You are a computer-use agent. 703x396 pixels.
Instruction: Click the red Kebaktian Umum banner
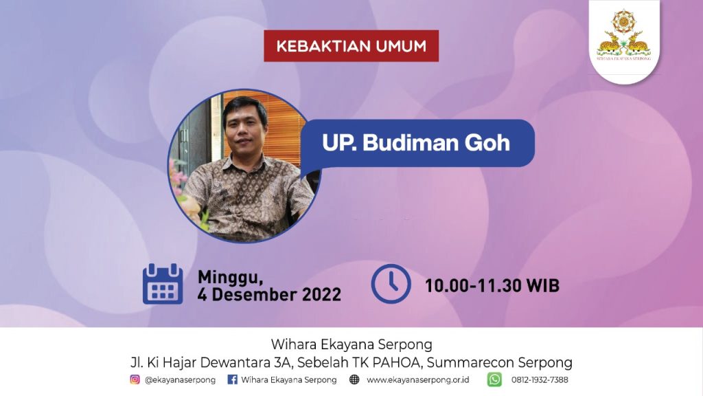click(x=351, y=46)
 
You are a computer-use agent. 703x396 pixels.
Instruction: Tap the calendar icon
click(x=163, y=284)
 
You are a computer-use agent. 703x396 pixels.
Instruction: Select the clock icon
click(x=391, y=284)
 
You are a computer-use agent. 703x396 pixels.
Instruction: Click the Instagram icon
click(x=135, y=379)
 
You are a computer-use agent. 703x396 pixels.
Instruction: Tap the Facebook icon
click(x=232, y=379)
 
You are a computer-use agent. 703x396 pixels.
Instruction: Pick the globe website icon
click(x=354, y=379)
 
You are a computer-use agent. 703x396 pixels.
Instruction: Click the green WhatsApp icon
click(x=494, y=379)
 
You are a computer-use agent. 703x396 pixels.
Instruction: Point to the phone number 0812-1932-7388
click(x=540, y=379)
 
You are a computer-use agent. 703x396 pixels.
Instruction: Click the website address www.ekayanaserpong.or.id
click(x=418, y=379)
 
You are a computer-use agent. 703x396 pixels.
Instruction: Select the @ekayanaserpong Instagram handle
click(x=180, y=379)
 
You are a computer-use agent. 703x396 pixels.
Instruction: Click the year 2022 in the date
click(x=321, y=294)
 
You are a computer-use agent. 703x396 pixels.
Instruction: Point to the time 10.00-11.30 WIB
click(x=492, y=285)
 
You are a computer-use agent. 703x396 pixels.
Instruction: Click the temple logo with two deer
click(x=623, y=35)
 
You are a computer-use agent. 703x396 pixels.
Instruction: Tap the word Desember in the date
click(x=255, y=294)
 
